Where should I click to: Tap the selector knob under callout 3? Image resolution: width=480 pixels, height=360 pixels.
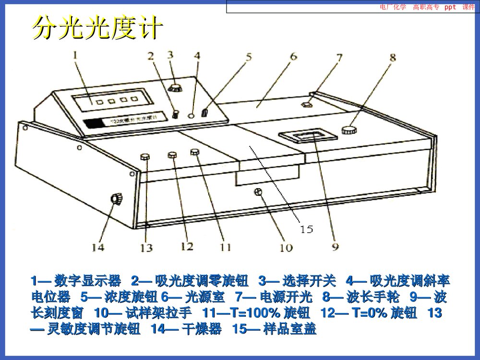(175, 87)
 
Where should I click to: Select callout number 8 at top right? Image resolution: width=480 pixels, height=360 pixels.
(393, 59)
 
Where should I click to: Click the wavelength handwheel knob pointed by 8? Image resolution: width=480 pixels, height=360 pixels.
(349, 130)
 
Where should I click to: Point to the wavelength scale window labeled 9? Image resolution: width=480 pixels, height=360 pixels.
(308, 136)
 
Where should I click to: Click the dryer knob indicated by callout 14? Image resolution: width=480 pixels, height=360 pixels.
(116, 199)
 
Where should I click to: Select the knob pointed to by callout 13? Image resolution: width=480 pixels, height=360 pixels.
(145, 157)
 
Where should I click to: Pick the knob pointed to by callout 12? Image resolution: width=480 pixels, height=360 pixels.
(172, 155)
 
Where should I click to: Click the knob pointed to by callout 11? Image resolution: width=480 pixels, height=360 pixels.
(194, 152)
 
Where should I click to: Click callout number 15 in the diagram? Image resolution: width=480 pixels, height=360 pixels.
(306, 229)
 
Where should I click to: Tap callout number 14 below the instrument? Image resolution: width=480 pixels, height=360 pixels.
(98, 247)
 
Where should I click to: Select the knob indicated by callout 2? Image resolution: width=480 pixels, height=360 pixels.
(176, 114)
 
